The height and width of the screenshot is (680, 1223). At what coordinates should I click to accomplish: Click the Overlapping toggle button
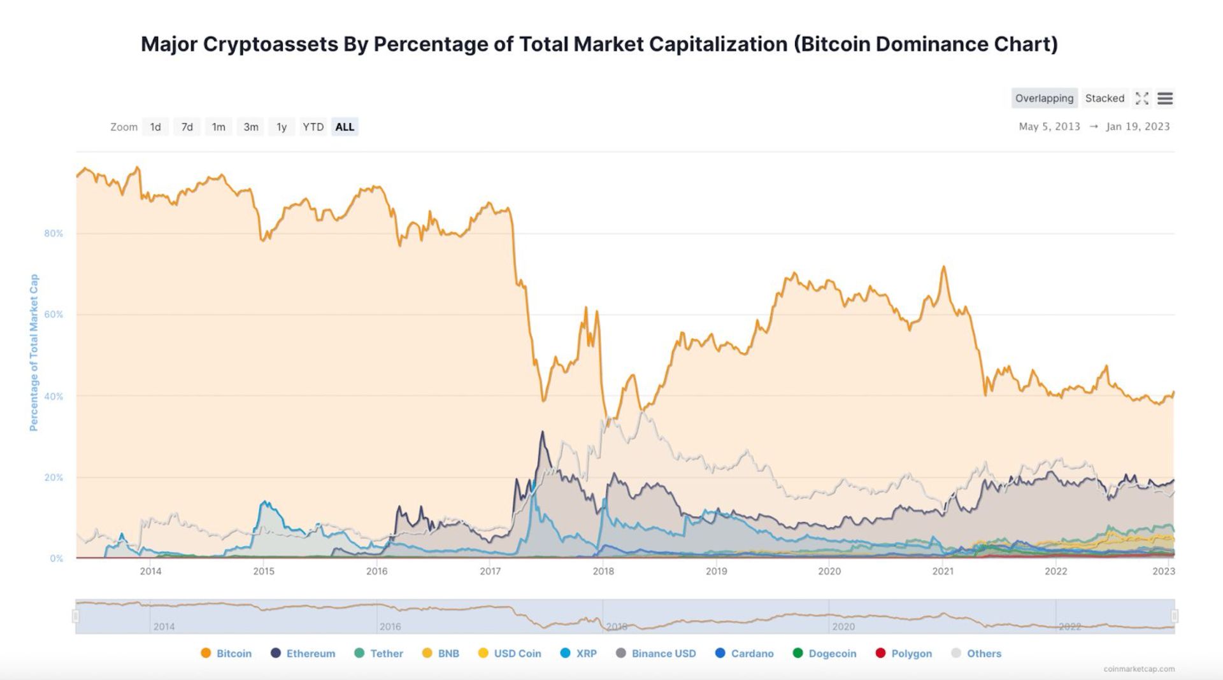click(1044, 98)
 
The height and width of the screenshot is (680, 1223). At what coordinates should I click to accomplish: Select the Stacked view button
click(1105, 98)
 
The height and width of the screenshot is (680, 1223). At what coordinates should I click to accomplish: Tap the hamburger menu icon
click(1165, 99)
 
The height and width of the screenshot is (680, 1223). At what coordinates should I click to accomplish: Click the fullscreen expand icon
click(1142, 99)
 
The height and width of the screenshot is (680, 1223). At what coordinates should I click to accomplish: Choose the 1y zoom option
click(282, 127)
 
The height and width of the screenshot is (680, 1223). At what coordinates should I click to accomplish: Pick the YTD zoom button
click(313, 127)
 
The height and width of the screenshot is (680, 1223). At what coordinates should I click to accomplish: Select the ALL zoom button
click(345, 127)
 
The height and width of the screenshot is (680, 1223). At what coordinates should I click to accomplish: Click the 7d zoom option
click(187, 127)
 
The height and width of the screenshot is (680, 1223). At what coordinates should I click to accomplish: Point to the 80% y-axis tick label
click(54, 234)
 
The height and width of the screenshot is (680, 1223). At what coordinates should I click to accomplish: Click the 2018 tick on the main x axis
click(603, 571)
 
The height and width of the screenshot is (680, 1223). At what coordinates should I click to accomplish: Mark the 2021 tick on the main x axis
click(943, 571)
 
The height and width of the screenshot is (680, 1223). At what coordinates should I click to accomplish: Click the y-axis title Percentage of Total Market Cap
click(34, 353)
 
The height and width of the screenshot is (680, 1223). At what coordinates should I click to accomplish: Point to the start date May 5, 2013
click(1049, 126)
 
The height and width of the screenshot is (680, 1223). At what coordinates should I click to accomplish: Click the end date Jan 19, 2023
click(1138, 126)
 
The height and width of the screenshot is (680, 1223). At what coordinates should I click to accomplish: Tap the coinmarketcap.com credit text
click(1139, 669)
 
